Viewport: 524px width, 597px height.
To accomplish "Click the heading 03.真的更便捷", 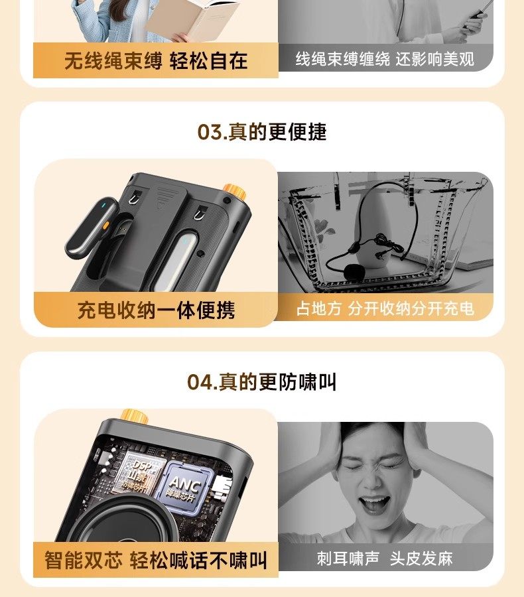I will click(262, 132).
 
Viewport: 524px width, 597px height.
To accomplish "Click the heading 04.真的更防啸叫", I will click(262, 382).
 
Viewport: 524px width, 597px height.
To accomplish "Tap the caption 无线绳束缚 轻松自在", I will click(156, 61).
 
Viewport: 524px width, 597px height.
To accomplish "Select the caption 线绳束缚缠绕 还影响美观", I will click(385, 59).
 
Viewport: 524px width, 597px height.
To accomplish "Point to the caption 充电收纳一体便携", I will click(156, 310).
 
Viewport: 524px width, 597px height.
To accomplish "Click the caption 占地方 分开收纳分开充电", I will click(385, 309).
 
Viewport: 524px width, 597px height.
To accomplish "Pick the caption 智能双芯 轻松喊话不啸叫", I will click(156, 559).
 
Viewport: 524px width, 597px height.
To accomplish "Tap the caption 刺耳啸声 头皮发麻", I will click(385, 559).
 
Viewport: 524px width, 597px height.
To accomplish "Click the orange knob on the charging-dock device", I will click(233, 192).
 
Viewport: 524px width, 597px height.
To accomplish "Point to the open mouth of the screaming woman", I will click(375, 504).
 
